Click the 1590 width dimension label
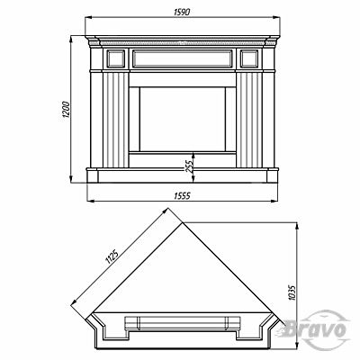tap(182, 12)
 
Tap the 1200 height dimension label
tap(66, 110)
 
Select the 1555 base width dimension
tap(183, 196)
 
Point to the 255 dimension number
tap(189, 165)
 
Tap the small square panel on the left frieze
tap(115, 58)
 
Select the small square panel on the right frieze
tap(249, 58)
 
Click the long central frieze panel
tap(183, 58)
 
